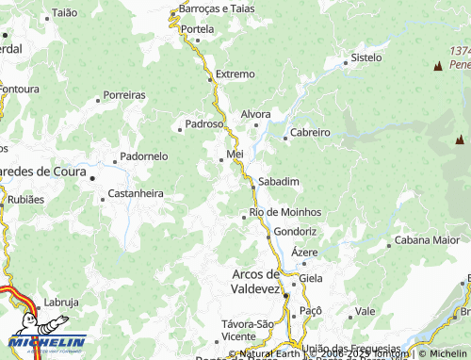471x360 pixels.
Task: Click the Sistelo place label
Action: coord(366,57)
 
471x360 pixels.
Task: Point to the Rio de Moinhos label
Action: coord(285,212)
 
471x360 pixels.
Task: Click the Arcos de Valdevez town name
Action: coord(255,281)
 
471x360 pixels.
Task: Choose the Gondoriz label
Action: coord(296,231)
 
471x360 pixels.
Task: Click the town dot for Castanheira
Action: coord(104,199)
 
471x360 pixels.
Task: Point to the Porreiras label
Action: coord(124,95)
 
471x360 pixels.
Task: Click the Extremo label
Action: coord(235,74)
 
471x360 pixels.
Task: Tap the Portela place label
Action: coord(198,29)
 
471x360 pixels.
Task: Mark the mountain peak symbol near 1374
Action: coord(437,66)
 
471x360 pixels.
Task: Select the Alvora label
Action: coord(256,114)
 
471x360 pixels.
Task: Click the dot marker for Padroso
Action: coord(180,129)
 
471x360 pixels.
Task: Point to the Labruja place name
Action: coord(61,303)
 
